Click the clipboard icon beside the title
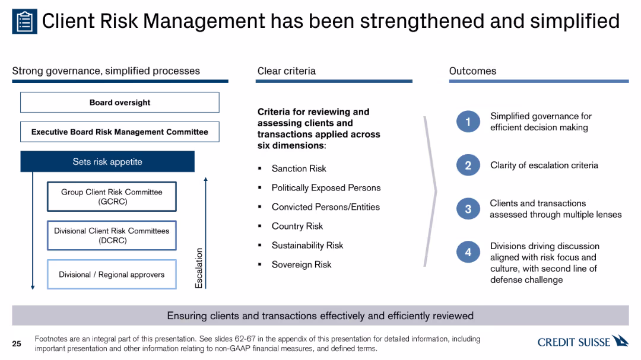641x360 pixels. (x=24, y=21)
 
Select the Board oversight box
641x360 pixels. (x=120, y=102)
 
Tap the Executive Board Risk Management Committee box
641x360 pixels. (x=120, y=132)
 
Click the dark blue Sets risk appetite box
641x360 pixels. (x=107, y=161)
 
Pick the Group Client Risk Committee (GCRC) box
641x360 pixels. (x=112, y=196)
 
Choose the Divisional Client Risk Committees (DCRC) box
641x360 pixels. (x=112, y=235)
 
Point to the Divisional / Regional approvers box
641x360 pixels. (x=112, y=274)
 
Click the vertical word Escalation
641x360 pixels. (x=199, y=268)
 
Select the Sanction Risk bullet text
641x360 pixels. (x=299, y=168)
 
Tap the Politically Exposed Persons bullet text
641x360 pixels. (x=326, y=187)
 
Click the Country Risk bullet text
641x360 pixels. (x=297, y=226)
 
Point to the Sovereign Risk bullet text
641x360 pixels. (x=302, y=265)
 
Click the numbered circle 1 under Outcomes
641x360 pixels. (x=468, y=122)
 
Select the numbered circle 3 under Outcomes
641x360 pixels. (x=468, y=209)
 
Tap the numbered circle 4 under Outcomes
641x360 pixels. (x=468, y=252)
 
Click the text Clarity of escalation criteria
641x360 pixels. (x=544, y=165)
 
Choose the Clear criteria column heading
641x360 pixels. (x=287, y=71)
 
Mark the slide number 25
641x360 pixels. (x=17, y=343)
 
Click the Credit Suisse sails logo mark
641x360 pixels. (x=620, y=341)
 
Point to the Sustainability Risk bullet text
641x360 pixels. (x=307, y=245)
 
